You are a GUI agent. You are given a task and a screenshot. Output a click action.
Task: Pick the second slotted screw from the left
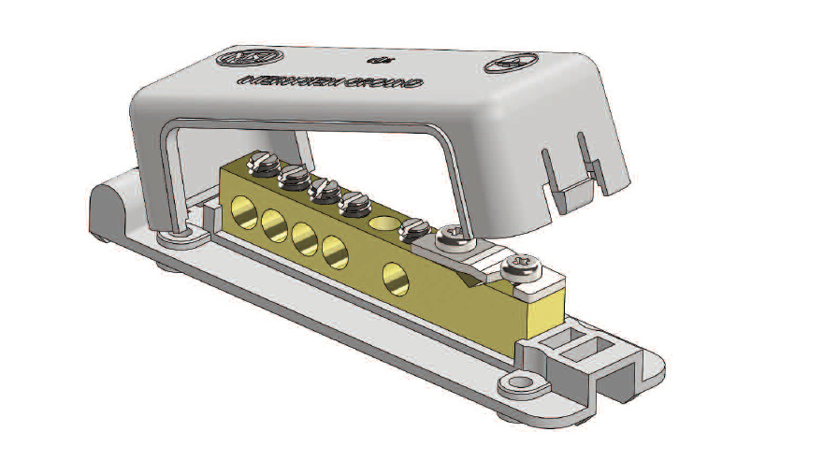292,176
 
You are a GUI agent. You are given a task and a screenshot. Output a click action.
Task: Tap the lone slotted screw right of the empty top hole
412,227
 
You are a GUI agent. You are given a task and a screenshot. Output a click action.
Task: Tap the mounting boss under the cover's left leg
177,239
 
